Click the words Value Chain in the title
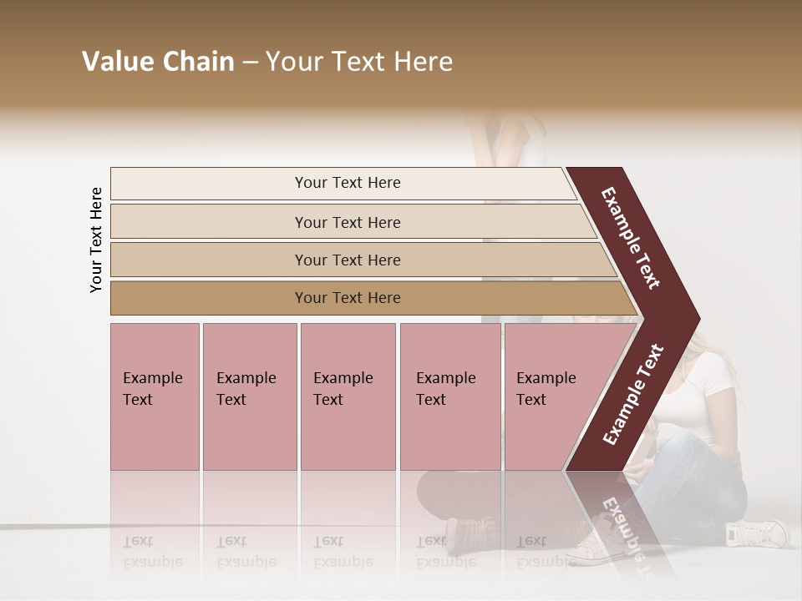click(158, 62)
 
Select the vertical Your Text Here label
click(96, 240)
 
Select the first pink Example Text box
click(155, 396)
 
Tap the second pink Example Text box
click(249, 396)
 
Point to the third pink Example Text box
click(348, 396)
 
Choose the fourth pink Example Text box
click(450, 396)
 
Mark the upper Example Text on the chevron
click(631, 238)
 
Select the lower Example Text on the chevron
click(633, 395)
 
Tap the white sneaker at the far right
click(757, 532)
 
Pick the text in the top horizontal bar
click(348, 183)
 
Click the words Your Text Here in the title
click(359, 62)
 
